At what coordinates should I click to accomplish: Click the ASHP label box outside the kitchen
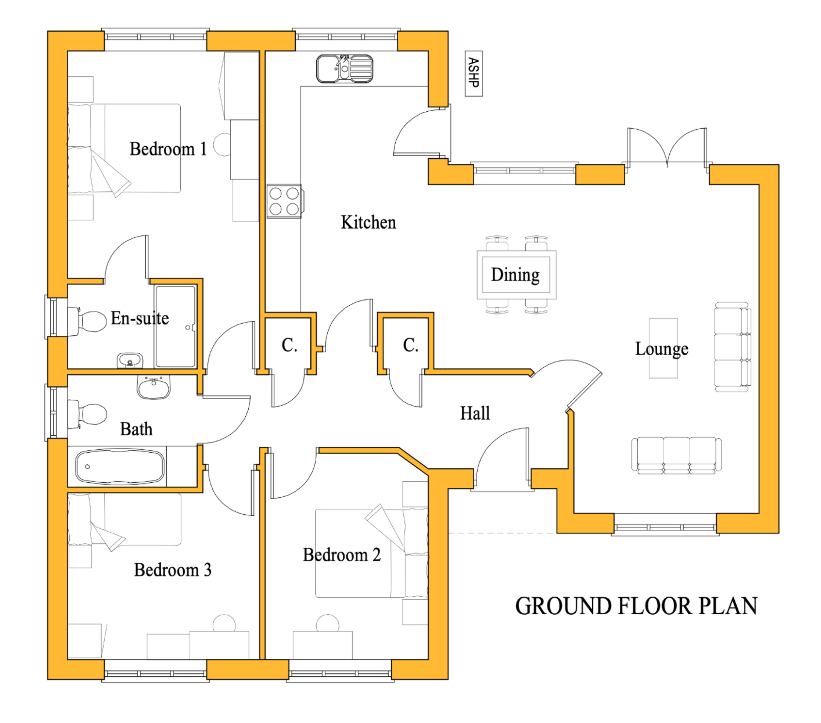click(x=474, y=74)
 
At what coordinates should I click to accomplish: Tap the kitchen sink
click(x=345, y=69)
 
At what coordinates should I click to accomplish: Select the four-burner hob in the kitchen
click(x=284, y=201)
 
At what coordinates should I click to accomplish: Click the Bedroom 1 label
click(x=168, y=149)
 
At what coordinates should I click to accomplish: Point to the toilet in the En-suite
click(x=88, y=321)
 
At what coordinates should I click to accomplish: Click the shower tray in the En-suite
click(x=176, y=326)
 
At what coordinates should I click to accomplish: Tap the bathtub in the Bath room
click(x=120, y=467)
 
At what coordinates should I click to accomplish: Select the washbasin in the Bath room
click(x=154, y=387)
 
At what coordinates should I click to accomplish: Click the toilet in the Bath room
click(x=87, y=414)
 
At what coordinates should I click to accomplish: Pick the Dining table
click(x=517, y=275)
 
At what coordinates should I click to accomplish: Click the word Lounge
click(x=661, y=349)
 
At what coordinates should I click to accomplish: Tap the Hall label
click(x=475, y=413)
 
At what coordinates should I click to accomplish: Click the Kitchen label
click(x=368, y=222)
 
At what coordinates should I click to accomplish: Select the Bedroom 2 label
click(x=341, y=555)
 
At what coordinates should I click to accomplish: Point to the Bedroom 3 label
click(x=173, y=570)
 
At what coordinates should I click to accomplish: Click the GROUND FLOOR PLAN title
click(x=636, y=606)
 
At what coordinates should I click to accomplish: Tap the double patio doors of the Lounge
click(x=667, y=147)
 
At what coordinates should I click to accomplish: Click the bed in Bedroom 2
click(x=372, y=553)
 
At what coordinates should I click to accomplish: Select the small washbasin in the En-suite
click(x=130, y=361)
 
